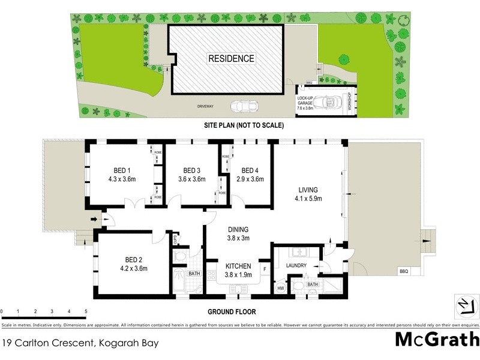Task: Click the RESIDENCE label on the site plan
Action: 232,58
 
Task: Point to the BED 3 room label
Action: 191,169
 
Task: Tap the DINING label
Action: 238,229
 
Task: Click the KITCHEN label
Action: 238,266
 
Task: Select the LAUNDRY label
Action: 296,266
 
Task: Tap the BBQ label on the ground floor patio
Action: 403,272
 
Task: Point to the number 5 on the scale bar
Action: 86,311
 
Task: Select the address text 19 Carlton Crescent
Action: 48,343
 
